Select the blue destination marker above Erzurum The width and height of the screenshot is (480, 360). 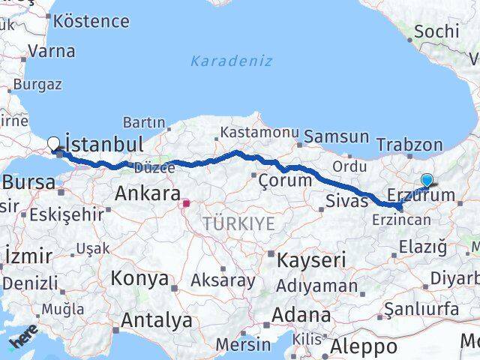[x=427, y=180]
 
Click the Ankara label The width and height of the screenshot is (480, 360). [x=147, y=193]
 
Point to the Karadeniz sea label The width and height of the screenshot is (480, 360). [x=231, y=61]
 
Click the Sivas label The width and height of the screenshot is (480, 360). [x=347, y=201]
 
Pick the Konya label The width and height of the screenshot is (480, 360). [x=139, y=279]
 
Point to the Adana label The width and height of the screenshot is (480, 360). [x=302, y=315]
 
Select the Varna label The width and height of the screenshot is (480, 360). [x=52, y=52]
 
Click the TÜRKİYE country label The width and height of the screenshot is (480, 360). [x=238, y=223]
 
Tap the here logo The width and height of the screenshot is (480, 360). [x=22, y=343]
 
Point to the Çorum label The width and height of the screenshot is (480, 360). [x=284, y=181]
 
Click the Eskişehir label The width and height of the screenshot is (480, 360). [x=66, y=214]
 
